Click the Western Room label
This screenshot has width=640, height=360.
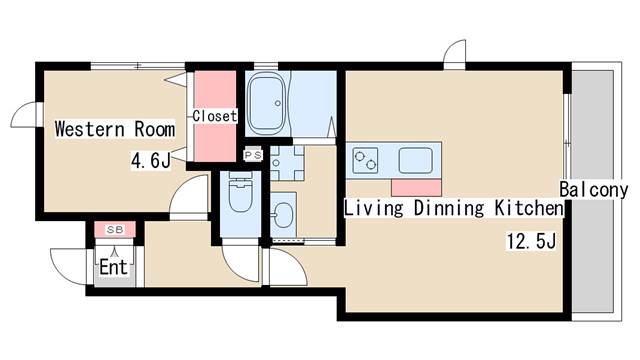(x=115, y=129)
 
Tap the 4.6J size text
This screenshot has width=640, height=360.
(x=151, y=160)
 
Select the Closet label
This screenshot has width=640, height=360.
(x=215, y=116)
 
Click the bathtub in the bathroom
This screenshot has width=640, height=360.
(x=267, y=104)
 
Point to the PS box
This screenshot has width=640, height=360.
(x=253, y=155)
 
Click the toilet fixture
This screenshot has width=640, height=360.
(x=240, y=193)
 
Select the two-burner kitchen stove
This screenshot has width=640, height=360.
(x=365, y=160)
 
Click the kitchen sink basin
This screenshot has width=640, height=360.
(x=416, y=160)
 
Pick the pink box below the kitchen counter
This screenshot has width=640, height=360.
(x=416, y=187)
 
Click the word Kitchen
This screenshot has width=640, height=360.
(x=529, y=208)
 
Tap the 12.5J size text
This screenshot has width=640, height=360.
(x=531, y=241)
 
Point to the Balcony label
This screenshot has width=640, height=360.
(x=593, y=189)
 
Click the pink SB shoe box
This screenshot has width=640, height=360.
(x=115, y=229)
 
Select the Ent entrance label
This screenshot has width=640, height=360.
(x=114, y=268)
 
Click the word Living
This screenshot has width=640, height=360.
(x=374, y=208)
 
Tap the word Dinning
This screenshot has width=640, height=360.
(x=449, y=208)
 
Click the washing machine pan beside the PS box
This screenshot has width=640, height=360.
(x=287, y=163)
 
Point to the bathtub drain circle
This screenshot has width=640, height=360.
(x=278, y=103)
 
